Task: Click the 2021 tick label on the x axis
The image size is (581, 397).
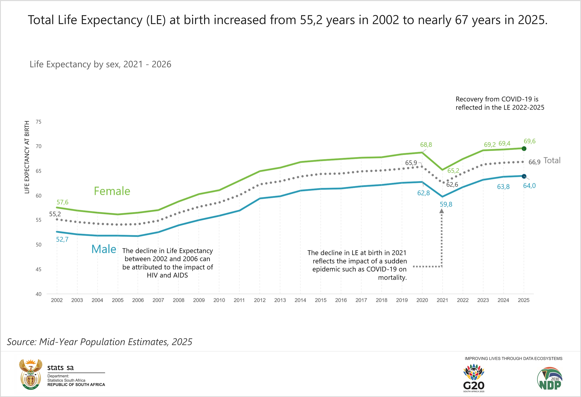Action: click(x=442, y=300)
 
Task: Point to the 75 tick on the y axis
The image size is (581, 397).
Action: click(x=39, y=122)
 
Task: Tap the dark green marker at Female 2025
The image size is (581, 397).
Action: click(x=524, y=149)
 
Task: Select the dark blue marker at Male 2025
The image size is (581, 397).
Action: click(x=524, y=176)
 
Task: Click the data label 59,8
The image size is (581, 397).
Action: click(x=446, y=204)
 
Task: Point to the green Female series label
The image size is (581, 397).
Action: click(x=112, y=191)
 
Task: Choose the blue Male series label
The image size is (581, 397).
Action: click(x=104, y=249)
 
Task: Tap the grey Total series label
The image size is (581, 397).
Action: click(x=552, y=160)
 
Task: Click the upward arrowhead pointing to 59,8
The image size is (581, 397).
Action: click(x=442, y=211)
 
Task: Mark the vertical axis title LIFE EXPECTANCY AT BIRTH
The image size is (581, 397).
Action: click(x=27, y=157)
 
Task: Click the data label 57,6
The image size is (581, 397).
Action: click(x=62, y=202)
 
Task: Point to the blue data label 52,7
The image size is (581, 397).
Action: click(x=62, y=240)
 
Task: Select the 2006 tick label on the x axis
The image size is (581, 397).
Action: click(x=138, y=300)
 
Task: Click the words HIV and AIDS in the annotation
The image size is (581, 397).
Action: click(x=167, y=275)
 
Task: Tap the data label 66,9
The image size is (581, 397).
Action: click(x=534, y=162)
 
